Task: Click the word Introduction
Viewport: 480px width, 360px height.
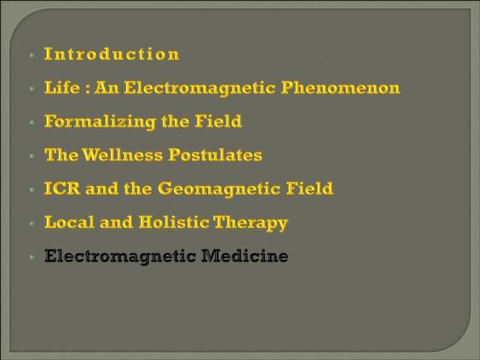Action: coord(112,54)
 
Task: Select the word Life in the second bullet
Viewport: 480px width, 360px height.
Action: coord(62,88)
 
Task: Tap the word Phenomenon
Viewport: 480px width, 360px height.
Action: coord(340,88)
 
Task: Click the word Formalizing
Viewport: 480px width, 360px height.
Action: coord(100,121)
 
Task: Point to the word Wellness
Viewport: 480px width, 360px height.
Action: coord(122,154)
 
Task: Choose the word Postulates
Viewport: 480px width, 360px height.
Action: coord(215,154)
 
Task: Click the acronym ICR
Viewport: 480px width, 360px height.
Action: coord(62,188)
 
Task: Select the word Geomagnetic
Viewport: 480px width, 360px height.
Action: coord(220,189)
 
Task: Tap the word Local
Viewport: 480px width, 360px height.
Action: coord(69,222)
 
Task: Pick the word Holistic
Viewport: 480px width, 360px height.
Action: coord(174,222)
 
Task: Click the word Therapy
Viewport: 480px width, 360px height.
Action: coord(250,223)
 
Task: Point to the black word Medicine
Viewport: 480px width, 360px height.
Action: coord(244,256)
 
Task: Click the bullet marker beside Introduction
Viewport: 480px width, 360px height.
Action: coord(32,55)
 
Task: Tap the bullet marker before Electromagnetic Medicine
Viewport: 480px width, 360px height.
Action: coord(32,256)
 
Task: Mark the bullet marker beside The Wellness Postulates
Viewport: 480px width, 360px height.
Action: coord(32,156)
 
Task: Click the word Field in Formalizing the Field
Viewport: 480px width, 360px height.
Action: coord(218,121)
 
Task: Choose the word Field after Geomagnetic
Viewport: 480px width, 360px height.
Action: coord(310,188)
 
